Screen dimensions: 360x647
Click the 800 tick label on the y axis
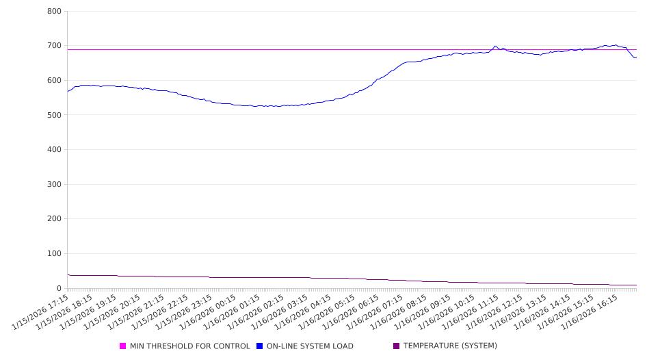pyautogui.click(x=55, y=12)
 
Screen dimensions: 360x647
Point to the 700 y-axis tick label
pyautogui.click(x=55, y=46)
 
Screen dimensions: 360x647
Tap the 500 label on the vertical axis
pyautogui.click(x=55, y=115)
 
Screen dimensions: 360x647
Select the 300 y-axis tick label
pyautogui.click(x=55, y=184)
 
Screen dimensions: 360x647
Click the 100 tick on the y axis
pyautogui.click(x=55, y=254)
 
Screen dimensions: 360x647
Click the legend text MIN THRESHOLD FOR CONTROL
pyautogui.click(x=189, y=346)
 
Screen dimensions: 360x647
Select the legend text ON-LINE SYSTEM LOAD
pyautogui.click(x=310, y=346)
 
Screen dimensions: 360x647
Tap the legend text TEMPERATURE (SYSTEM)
pyautogui.click(x=450, y=346)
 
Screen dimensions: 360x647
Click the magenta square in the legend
pyautogui.click(x=123, y=346)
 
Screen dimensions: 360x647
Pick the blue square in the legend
pyautogui.click(x=260, y=346)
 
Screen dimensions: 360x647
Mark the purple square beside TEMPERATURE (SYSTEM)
pyautogui.click(x=397, y=346)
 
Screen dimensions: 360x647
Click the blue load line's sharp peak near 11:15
pyautogui.click(x=495, y=47)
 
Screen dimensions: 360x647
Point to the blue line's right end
pyautogui.click(x=636, y=57)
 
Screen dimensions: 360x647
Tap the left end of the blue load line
pyautogui.click(x=68, y=91)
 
